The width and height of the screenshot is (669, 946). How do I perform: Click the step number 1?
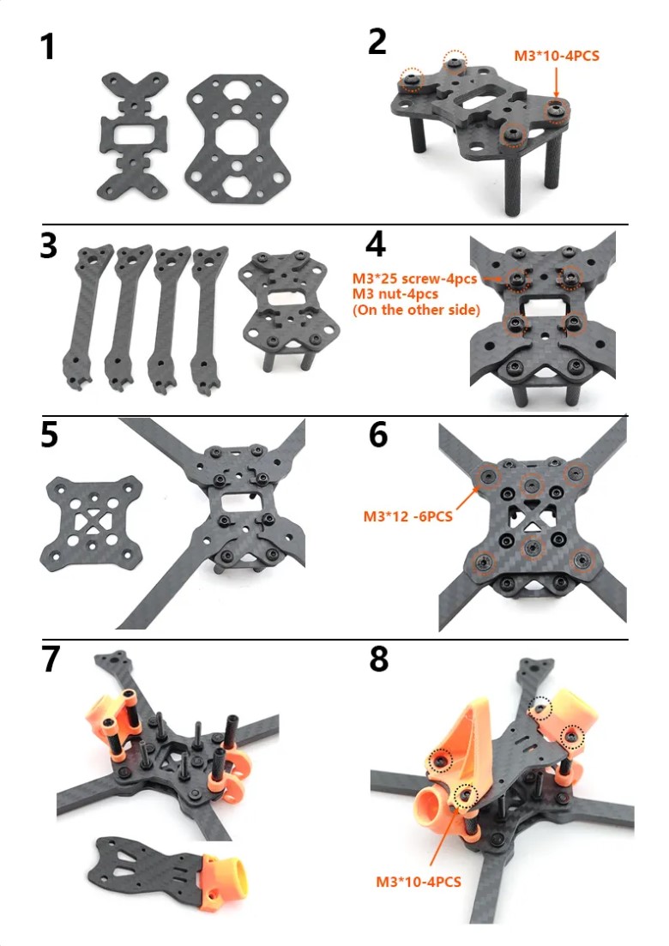(48, 47)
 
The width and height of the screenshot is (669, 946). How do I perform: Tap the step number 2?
(377, 42)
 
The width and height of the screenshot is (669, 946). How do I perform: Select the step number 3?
(48, 245)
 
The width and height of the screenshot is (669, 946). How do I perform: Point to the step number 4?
(375, 244)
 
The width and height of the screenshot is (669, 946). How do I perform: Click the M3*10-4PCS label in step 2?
(556, 56)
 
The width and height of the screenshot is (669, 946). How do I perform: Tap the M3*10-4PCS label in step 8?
(418, 882)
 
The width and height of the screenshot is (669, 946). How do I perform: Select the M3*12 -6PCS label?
(407, 516)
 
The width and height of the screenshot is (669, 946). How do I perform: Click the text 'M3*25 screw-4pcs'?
(414, 279)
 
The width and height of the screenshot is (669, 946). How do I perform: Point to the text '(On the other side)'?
(416, 310)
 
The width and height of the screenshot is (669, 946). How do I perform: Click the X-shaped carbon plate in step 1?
(133, 136)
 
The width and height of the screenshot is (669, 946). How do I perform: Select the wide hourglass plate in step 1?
(237, 138)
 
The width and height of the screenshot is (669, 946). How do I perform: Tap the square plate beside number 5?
(92, 523)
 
